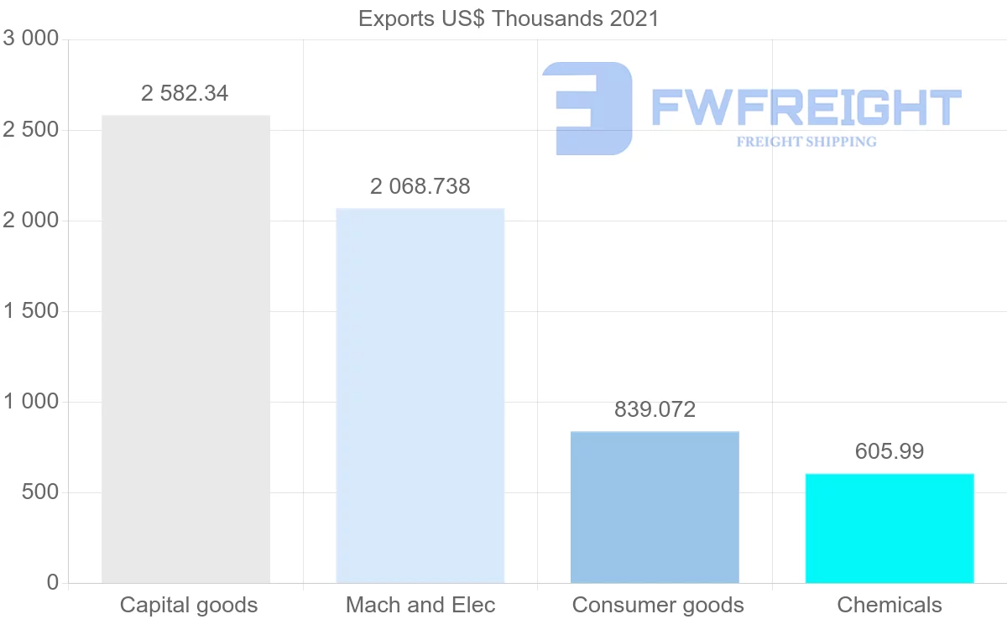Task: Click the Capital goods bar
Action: point(185,349)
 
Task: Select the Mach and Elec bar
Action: point(420,395)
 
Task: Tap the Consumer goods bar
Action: point(655,507)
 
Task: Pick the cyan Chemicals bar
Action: point(890,528)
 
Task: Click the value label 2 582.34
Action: point(185,93)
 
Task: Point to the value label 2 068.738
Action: point(420,186)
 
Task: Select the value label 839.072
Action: point(655,409)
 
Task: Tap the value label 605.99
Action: point(890,451)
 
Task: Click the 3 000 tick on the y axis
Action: point(31,39)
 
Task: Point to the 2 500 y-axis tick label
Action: point(31,130)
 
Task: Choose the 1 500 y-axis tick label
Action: point(31,311)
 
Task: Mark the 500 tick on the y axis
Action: point(39,492)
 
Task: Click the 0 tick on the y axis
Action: point(52,582)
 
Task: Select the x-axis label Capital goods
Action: point(189,605)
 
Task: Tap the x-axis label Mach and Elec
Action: point(420,605)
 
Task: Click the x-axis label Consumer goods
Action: point(658,605)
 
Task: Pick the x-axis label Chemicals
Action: point(890,605)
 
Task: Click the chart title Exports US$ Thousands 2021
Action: point(509,18)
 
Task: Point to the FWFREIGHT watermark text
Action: point(806,108)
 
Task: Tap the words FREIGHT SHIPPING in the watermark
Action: point(806,142)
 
